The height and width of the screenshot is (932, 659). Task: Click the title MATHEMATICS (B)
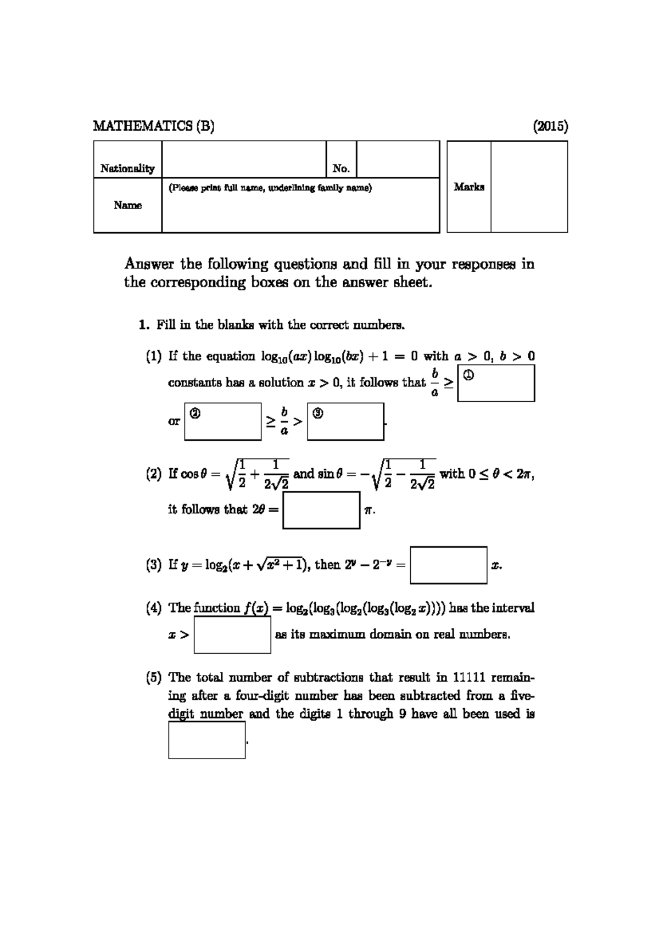pos(153,126)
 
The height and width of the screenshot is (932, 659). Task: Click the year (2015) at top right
pos(550,126)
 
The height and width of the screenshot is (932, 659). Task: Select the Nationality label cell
pos(127,168)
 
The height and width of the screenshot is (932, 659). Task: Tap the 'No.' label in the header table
pos(341,168)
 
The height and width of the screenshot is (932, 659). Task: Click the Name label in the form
pos(127,205)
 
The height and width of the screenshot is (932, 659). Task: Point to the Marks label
pos(469,187)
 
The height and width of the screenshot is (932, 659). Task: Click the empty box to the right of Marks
pos(529,187)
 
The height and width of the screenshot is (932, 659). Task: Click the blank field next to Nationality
pos(244,159)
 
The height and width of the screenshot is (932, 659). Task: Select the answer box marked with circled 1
pos(496,384)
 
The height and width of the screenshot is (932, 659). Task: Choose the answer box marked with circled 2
pos(223,422)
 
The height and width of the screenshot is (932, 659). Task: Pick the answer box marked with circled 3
pos(345,422)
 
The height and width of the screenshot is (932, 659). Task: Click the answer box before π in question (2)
pos(321,510)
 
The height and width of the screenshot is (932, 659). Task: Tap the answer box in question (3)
pos(448,565)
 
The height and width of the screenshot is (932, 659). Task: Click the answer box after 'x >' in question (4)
pos(232,635)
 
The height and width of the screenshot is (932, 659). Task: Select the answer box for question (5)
pos(206,740)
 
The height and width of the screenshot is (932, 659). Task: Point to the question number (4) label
pos(154,608)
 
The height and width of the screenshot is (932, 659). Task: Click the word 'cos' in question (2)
pos(189,474)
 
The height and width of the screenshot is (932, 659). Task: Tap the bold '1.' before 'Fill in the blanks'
pos(144,325)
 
